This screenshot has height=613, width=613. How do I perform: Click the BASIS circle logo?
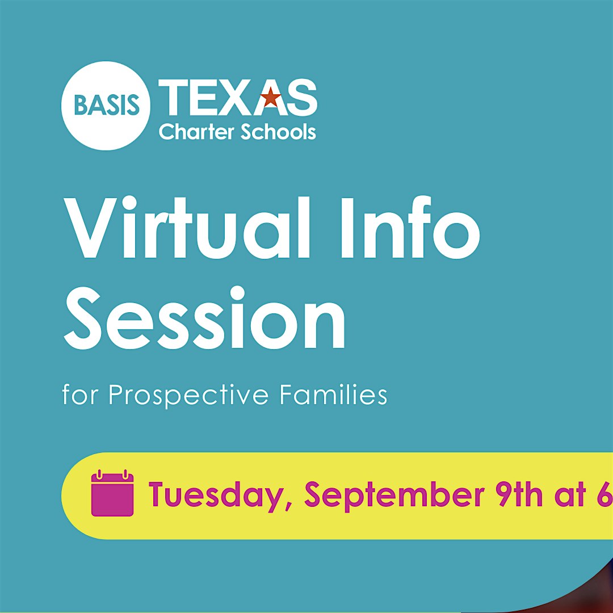(x=106, y=106)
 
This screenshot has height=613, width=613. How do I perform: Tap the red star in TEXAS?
(x=271, y=98)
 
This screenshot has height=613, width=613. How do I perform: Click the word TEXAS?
(x=238, y=98)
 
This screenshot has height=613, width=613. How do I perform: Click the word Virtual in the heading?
(x=187, y=229)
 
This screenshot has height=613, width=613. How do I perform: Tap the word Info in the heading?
(x=410, y=228)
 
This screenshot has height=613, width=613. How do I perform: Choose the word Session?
(x=204, y=318)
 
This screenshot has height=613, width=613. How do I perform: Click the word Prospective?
(x=188, y=396)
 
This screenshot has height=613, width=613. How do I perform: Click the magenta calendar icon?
(x=112, y=493)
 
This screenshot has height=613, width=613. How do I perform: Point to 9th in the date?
(x=519, y=494)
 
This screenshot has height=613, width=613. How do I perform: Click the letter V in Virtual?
(x=91, y=229)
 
